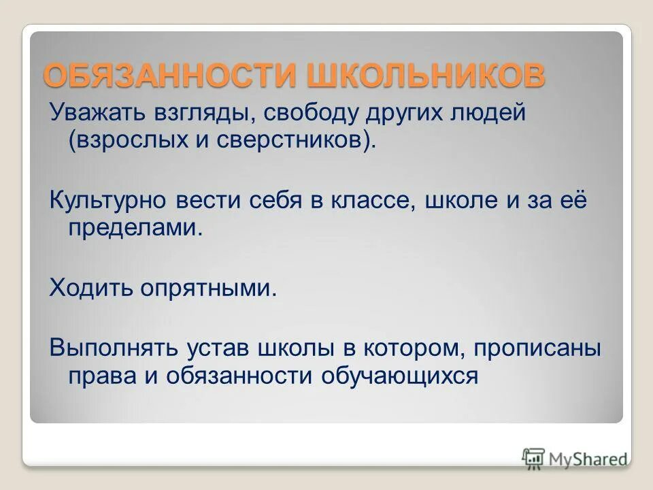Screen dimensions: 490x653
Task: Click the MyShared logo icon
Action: pyautogui.click(x=533, y=457)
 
